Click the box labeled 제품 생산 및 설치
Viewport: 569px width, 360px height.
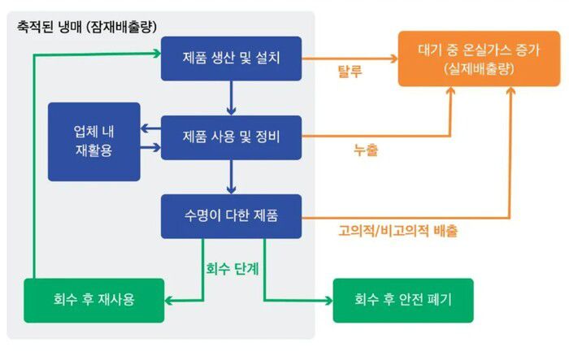coord(232,59)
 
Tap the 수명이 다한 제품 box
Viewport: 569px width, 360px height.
coord(232,215)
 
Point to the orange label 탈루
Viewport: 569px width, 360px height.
coord(350,71)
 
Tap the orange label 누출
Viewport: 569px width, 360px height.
coord(365,150)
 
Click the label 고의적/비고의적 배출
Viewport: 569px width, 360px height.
coord(397,231)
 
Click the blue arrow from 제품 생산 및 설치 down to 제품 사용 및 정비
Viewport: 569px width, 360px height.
coord(232,98)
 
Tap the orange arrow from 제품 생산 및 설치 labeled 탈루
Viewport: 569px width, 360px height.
coord(350,59)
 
